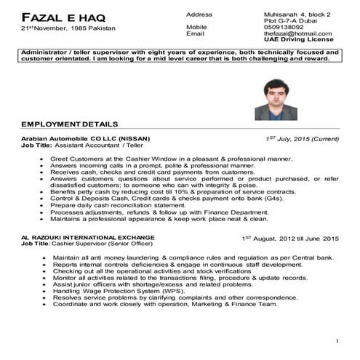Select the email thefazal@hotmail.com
[297, 33]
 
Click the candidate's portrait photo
[276, 100]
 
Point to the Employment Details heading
[69, 124]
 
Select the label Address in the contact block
[199, 14]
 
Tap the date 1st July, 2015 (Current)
[302, 138]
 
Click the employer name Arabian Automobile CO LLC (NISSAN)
[86, 138]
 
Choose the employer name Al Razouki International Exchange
[87, 238]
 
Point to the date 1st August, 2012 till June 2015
[290, 239]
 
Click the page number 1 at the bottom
[337, 341]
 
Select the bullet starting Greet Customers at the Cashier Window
[171, 159]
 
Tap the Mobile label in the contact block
[197, 27]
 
